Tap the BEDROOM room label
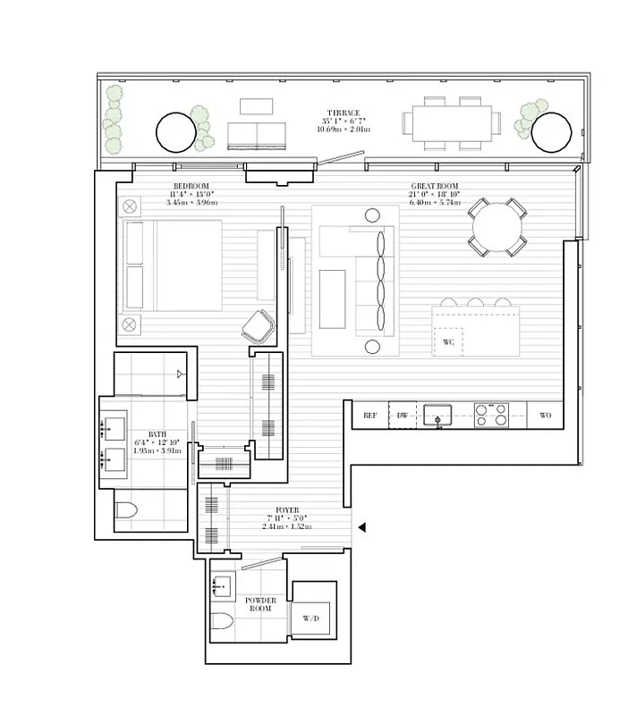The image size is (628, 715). point(190,186)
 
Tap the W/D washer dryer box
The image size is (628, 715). point(311,617)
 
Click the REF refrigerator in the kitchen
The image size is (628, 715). point(369,416)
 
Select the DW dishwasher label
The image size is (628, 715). point(403,416)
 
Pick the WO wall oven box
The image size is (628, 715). point(545,416)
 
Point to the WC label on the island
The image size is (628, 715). point(449,341)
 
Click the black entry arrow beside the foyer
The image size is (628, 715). point(361,528)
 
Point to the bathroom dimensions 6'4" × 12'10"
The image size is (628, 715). point(157,442)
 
